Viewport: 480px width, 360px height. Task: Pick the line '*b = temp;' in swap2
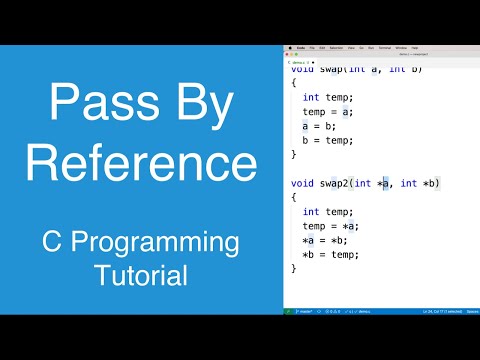click(x=333, y=254)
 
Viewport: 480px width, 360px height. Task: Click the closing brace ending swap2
click(x=294, y=268)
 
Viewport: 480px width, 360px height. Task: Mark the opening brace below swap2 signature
click(x=294, y=197)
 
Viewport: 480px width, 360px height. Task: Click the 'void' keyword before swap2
click(x=302, y=183)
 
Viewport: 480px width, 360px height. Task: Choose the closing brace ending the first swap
click(x=294, y=154)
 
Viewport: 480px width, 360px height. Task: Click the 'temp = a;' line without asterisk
click(x=328, y=112)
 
